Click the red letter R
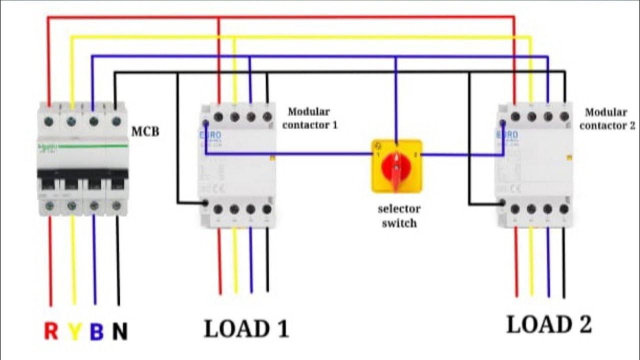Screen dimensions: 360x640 pos(51,330)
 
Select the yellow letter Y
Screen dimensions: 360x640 pos(74,330)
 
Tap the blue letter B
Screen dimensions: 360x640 pos(96,330)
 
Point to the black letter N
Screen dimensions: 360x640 pos(119,330)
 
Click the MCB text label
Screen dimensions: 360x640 pos(145,132)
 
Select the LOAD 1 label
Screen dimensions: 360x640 pos(246,328)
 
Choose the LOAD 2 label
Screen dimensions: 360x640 pos(549,324)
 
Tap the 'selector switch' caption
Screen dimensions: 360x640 pos(398,215)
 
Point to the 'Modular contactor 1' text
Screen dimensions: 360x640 pos(309,118)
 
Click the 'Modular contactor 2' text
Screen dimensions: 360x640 pos(606,119)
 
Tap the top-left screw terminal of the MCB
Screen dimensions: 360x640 pos(49,120)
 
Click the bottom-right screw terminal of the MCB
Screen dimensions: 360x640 pos(116,205)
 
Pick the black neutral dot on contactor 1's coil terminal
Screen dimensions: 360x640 pos(205,203)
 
